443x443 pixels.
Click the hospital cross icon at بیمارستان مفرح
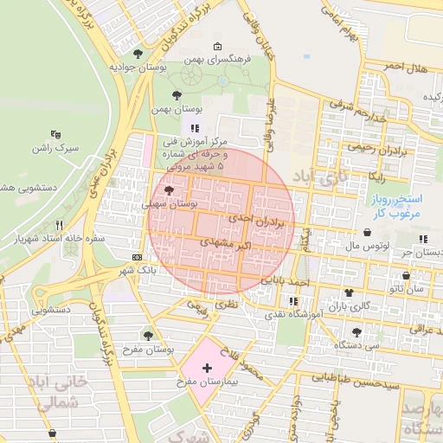[x=207, y=369]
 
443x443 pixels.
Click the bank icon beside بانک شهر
[x=138, y=258]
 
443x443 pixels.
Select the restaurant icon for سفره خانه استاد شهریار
[x=58, y=224]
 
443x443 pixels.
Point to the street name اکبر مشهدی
[x=226, y=246]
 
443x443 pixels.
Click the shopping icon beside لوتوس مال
[x=369, y=233]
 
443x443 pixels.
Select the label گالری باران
[x=347, y=306]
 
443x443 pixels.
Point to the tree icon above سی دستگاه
[x=356, y=332]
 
